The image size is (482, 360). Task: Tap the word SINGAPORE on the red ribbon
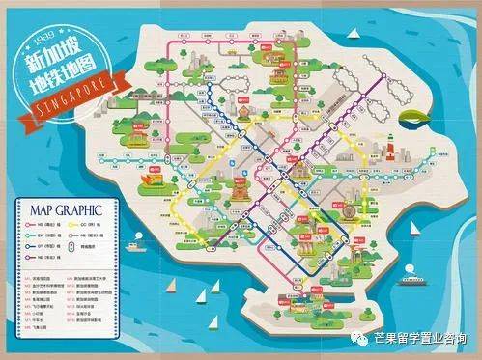tap(82, 83)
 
